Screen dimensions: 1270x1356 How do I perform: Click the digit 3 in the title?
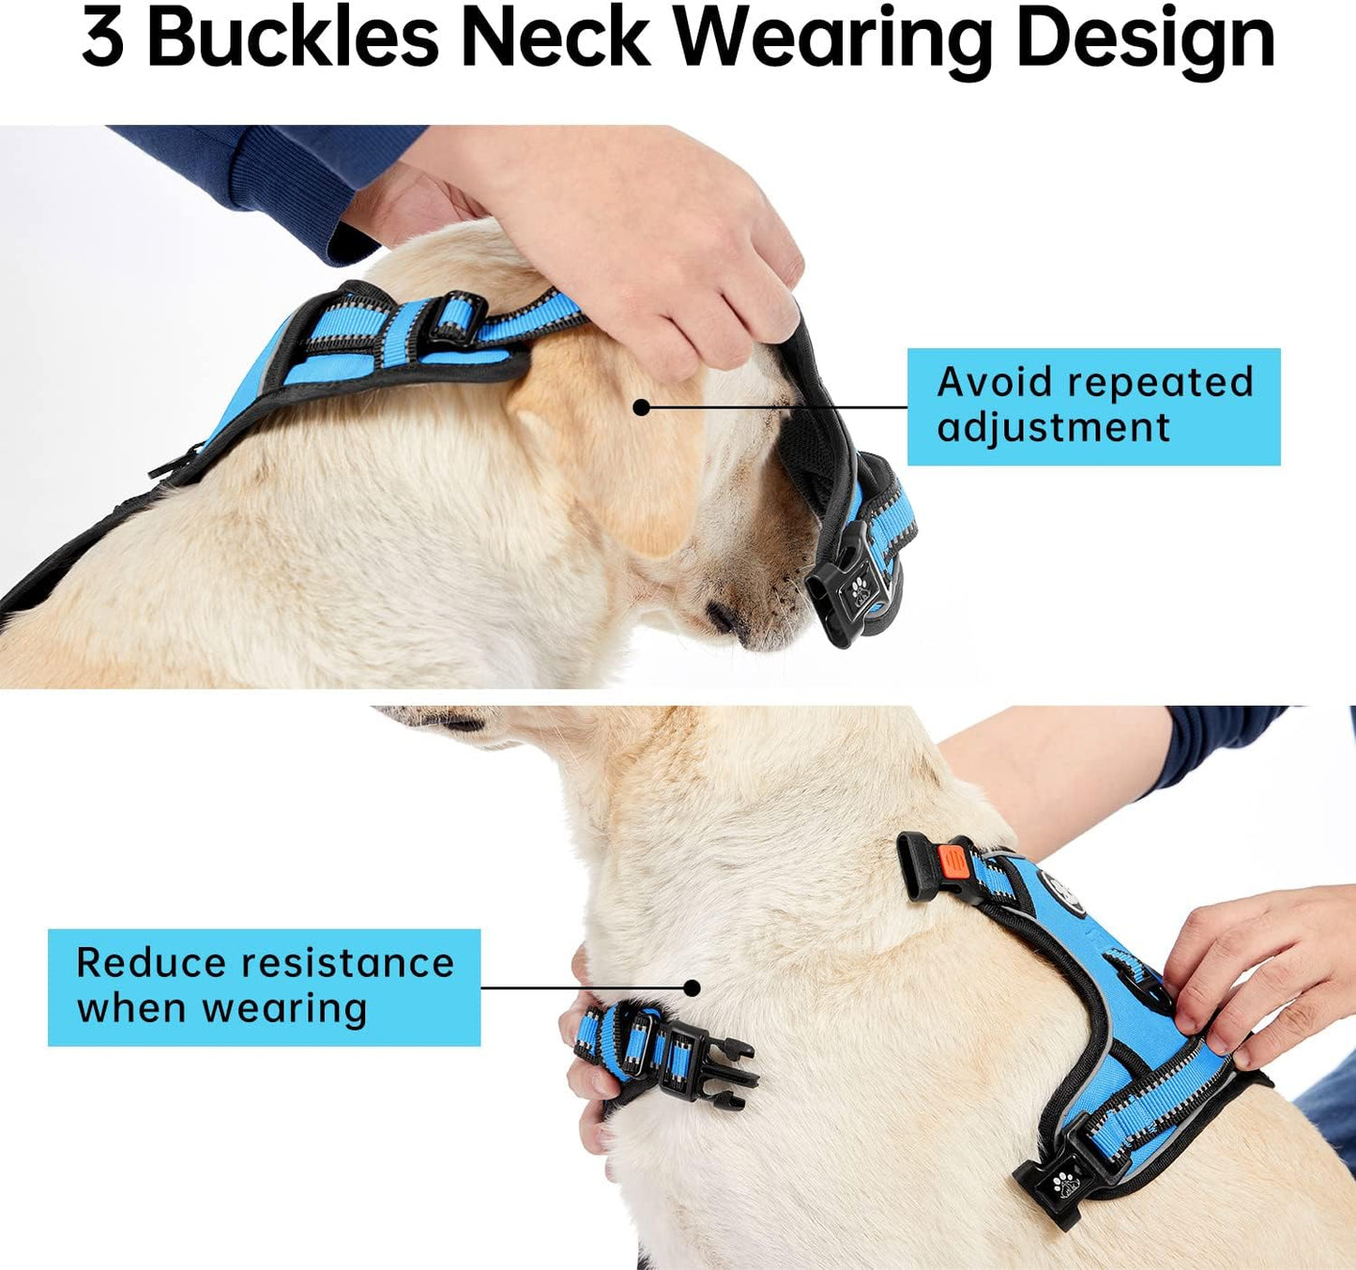point(102,39)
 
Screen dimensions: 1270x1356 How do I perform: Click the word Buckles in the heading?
point(292,39)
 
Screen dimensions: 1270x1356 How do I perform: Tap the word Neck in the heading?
point(555,39)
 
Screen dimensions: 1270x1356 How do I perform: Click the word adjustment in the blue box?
point(1053,428)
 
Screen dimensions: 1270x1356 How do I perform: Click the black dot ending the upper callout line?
point(642,407)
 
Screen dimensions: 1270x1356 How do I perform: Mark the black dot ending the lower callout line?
point(692,987)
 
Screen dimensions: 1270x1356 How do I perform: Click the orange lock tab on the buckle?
point(951,860)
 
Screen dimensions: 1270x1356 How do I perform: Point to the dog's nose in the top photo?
point(723,617)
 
